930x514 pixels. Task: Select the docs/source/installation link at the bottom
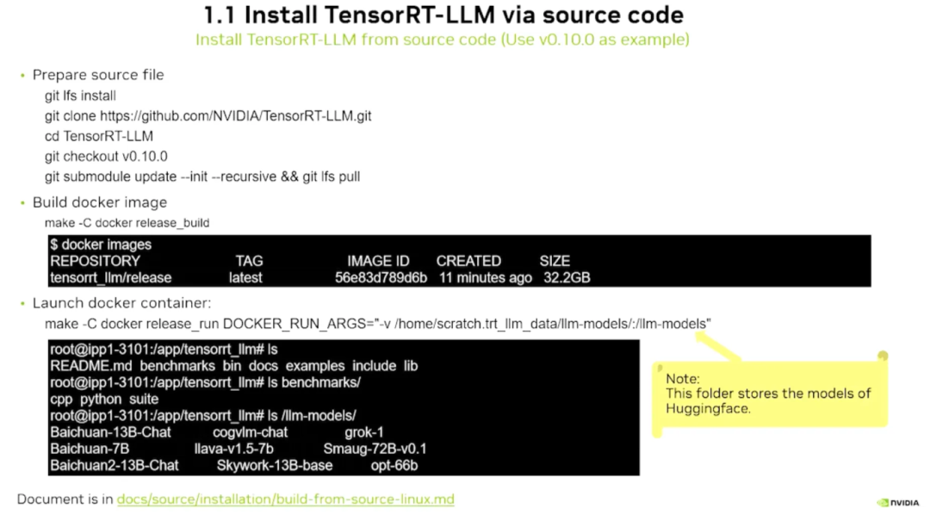point(285,499)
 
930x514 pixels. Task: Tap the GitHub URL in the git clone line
point(236,115)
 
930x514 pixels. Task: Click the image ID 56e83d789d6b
point(381,278)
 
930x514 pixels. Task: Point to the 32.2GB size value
point(567,278)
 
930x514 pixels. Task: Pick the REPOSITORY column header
point(95,261)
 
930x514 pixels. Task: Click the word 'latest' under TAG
point(245,278)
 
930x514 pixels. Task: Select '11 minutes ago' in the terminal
point(486,278)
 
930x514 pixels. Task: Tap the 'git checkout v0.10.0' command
point(106,156)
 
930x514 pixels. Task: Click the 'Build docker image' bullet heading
point(100,202)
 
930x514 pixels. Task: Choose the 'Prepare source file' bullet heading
point(98,75)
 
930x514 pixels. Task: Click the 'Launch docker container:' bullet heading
point(121,303)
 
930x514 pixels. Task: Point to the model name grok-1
point(364,432)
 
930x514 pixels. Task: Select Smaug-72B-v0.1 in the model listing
point(375,449)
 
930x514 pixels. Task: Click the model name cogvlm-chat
point(251,432)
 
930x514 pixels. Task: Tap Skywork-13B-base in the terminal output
point(275,466)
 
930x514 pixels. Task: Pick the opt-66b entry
point(394,466)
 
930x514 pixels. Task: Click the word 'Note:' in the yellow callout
point(683,379)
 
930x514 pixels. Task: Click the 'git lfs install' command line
point(80,96)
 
